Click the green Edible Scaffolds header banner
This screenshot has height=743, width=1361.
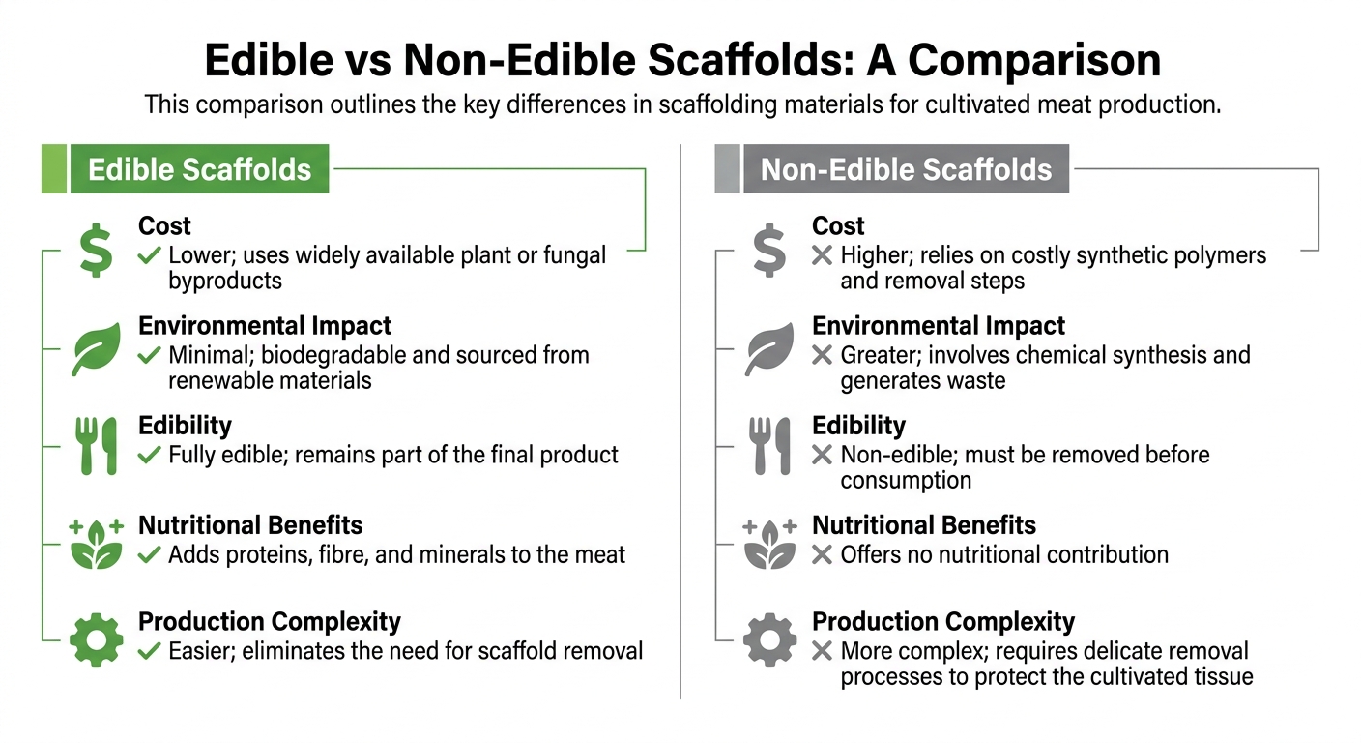199,169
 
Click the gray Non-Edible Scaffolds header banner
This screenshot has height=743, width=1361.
906,169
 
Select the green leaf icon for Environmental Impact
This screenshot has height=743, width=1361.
96,349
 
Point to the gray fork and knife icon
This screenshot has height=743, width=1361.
769,446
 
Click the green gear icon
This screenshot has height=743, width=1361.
96,639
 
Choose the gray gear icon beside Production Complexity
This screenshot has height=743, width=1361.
769,639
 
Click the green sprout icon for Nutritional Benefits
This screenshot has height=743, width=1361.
96,543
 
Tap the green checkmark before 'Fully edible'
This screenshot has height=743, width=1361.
149,454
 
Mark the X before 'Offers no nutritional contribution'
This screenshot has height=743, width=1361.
823,554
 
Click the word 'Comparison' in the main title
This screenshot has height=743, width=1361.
1034,61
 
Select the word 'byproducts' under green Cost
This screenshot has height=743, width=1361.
225,281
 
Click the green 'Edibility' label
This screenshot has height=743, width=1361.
185,426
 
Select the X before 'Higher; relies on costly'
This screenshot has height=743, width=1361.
823,255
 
